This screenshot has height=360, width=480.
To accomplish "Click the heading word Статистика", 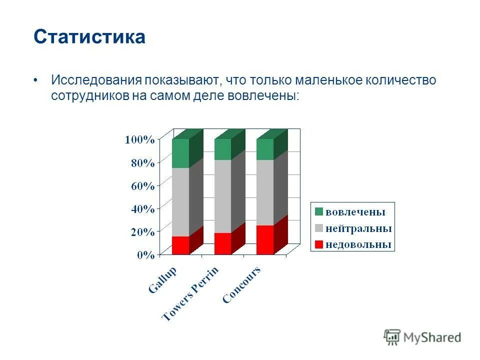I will click(89, 37).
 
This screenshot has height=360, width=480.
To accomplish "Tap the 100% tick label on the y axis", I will click(139, 139).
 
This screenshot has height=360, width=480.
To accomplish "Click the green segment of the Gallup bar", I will click(180, 153).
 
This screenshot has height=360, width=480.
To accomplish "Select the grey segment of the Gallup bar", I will click(180, 202).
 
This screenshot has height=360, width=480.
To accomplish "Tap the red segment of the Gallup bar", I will click(180, 245).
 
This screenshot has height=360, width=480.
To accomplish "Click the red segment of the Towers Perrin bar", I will click(222, 243).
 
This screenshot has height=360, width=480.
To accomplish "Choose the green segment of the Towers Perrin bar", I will click(222, 149).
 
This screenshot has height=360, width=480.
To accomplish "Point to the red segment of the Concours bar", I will click(265, 240).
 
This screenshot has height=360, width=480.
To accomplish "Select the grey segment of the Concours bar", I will click(265, 192).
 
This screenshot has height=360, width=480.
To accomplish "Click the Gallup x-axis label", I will click(163, 280).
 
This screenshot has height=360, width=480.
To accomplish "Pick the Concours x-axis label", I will click(241, 285).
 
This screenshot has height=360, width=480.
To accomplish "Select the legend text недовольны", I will click(358, 244).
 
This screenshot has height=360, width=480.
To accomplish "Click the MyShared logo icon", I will click(392, 337).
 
